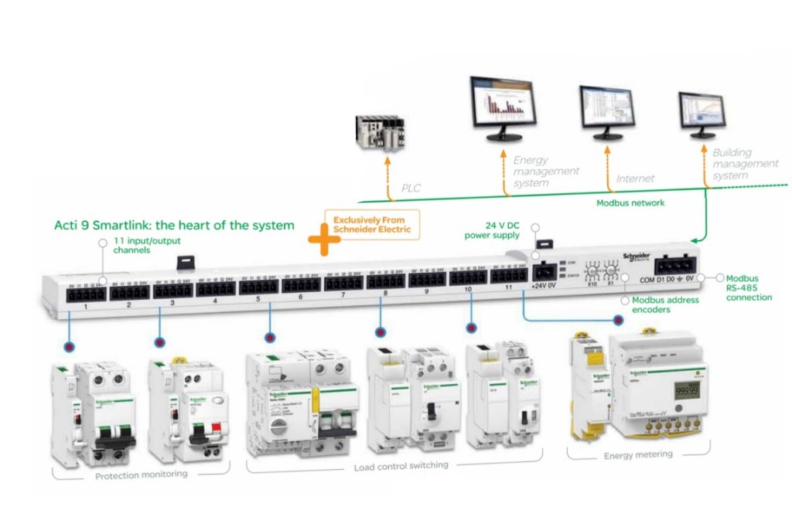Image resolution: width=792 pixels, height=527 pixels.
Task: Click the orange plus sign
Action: pyautogui.click(x=324, y=240)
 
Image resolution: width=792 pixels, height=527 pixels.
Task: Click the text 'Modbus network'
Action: pyautogui.click(x=630, y=203)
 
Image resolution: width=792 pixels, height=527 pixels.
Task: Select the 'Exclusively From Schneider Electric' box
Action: pyautogui.click(x=372, y=224)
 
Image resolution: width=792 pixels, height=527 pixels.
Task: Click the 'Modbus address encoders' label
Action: pyautogui.click(x=666, y=304)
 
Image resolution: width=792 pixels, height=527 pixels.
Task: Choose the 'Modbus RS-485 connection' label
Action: pyautogui.click(x=748, y=287)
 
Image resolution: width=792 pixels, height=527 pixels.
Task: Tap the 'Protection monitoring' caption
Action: pyautogui.click(x=141, y=474)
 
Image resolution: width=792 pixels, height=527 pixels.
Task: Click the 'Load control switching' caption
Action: pyautogui.click(x=401, y=466)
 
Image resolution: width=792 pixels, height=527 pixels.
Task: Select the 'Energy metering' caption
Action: pyautogui.click(x=638, y=455)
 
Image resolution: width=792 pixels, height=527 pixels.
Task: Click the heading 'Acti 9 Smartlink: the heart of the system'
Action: pyautogui.click(x=174, y=226)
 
